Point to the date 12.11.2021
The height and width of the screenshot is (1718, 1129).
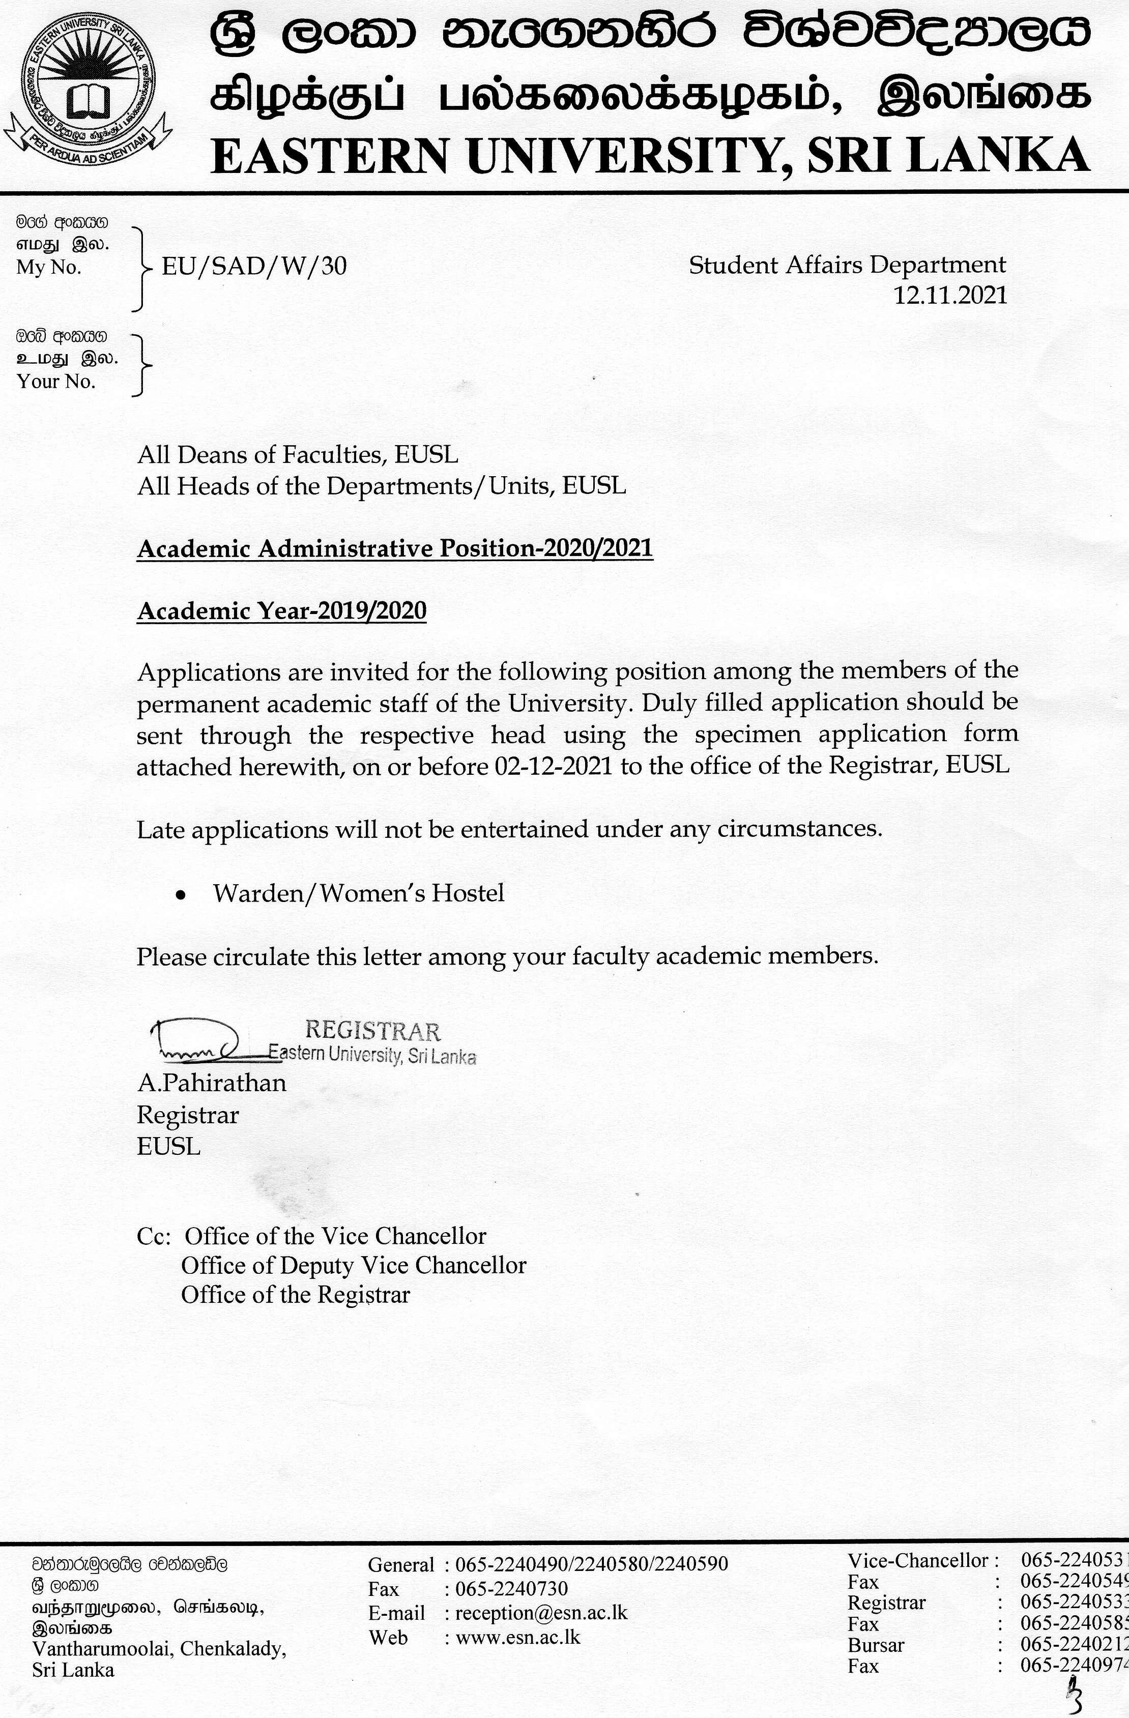pos(950,295)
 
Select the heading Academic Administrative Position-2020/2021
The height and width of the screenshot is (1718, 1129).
pos(395,548)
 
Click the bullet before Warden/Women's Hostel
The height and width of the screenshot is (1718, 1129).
pos(182,895)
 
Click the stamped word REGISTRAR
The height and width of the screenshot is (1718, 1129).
pos(372,1030)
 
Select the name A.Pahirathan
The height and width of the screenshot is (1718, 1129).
pos(212,1083)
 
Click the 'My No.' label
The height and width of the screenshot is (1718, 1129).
pos(49,268)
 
